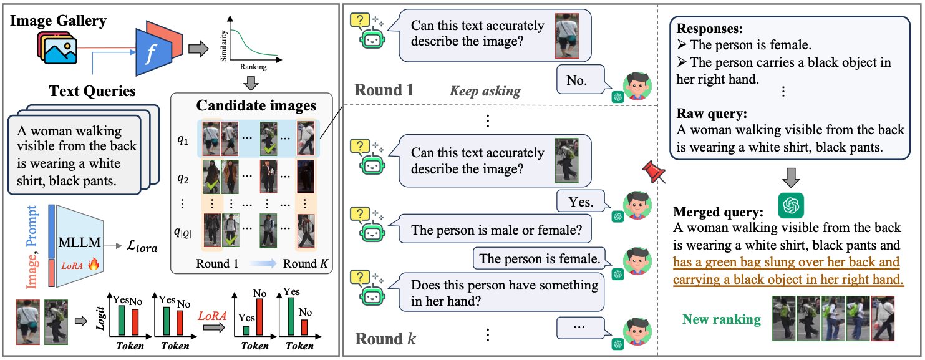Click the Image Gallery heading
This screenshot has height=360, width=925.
click(x=58, y=20)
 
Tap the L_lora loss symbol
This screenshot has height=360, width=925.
click(x=140, y=248)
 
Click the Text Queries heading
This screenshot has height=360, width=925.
click(x=92, y=91)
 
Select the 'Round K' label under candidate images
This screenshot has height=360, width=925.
click(x=305, y=263)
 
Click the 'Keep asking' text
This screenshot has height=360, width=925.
click(x=485, y=91)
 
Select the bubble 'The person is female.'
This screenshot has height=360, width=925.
click(x=540, y=258)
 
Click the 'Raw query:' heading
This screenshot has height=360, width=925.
click(x=712, y=114)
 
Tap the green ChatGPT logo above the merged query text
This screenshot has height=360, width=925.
click(x=792, y=205)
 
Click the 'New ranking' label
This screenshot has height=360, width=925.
click(x=722, y=319)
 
